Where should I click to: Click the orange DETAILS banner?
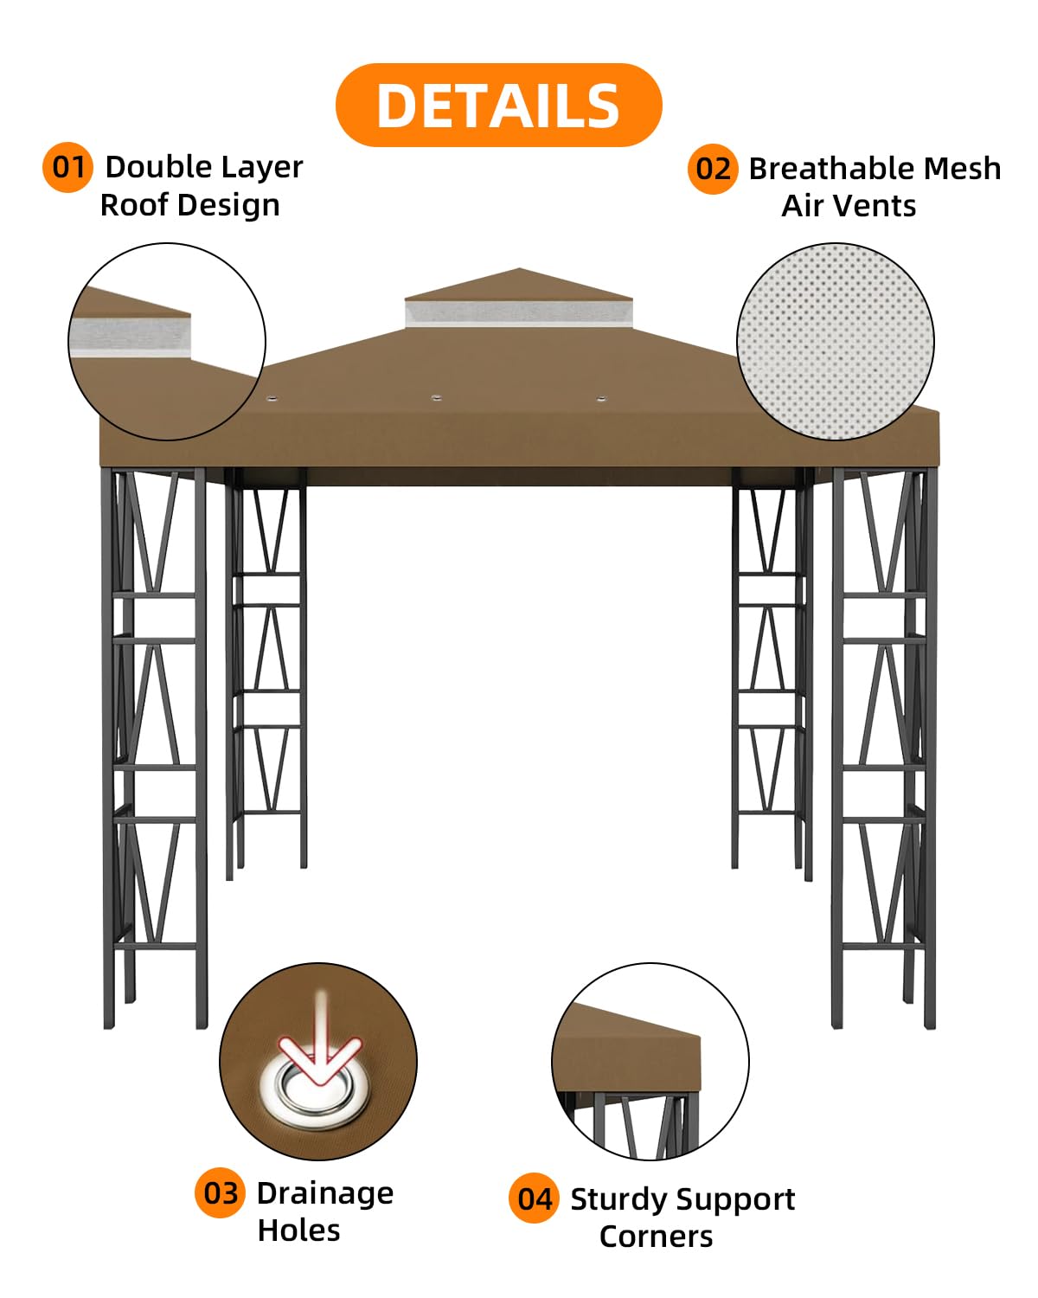point(498,105)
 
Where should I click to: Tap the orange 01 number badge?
point(67,167)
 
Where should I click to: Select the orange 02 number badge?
point(712,169)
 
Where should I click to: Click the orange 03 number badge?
point(220,1192)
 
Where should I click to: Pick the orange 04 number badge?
point(534,1198)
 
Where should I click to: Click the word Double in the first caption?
point(158,167)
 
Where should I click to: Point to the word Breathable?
point(832,169)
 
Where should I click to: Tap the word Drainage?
point(326,1194)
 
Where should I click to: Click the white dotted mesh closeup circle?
point(836,342)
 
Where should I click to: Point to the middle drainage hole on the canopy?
point(436,398)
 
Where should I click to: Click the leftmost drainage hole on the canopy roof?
point(272,399)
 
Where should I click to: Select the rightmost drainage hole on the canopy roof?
point(600,398)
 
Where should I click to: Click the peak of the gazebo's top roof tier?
point(519,268)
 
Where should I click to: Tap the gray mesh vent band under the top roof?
point(519,313)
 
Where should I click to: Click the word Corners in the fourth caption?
point(657,1237)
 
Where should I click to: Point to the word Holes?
point(299,1231)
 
